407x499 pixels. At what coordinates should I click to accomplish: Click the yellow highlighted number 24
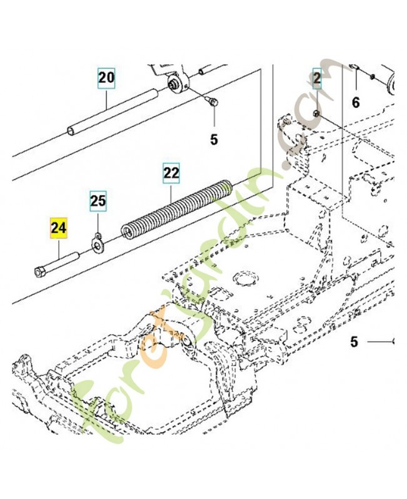[58, 228]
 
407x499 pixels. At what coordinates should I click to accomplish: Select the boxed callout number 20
[106, 78]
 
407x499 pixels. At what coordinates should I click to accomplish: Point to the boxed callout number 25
[98, 201]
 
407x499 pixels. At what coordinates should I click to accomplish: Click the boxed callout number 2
[317, 78]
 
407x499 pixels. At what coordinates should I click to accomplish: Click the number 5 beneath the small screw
[213, 140]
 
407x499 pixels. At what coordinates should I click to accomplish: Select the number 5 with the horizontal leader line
[353, 342]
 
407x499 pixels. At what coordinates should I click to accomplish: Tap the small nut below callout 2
[317, 114]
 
